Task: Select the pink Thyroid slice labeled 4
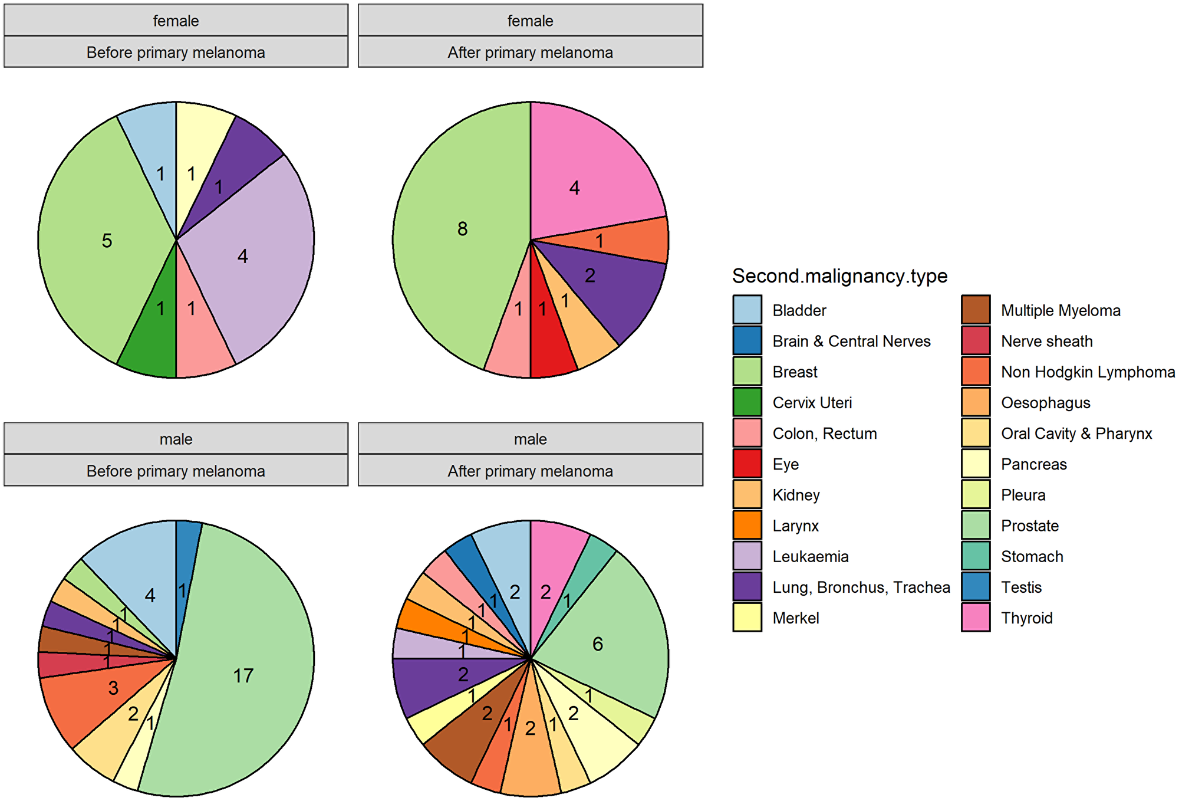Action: tap(584, 177)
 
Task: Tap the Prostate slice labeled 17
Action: tap(248, 672)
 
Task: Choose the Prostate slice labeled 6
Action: tap(607, 637)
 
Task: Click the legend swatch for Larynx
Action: tap(747, 525)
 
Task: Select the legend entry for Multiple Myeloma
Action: tap(1060, 310)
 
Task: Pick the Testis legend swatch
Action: tap(976, 586)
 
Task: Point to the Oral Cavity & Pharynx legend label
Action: tap(1076, 434)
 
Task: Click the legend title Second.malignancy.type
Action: tap(839, 275)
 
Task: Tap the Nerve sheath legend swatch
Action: tap(976, 341)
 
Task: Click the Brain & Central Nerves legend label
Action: tap(851, 341)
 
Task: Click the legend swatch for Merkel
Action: tap(747, 617)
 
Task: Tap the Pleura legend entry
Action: tap(1023, 495)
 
